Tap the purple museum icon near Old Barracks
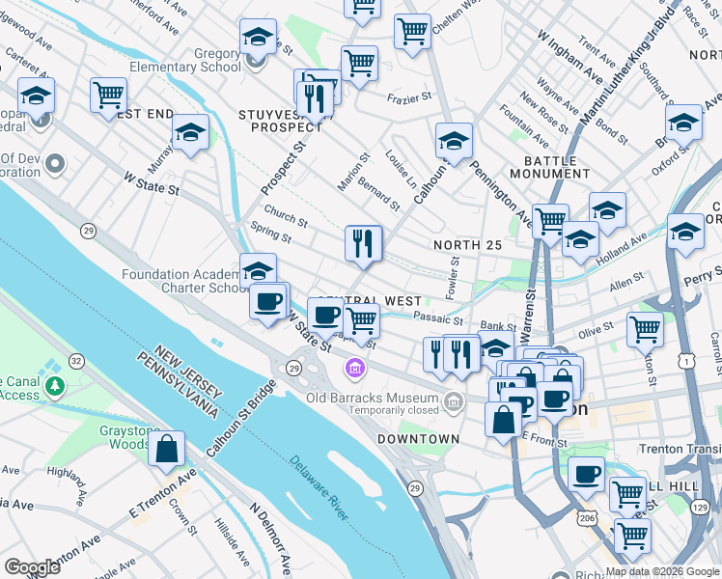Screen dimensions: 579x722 (355, 369)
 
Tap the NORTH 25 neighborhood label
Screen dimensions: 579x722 (467, 245)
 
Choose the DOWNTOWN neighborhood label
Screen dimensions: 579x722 (418, 439)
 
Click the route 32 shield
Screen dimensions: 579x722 (76, 361)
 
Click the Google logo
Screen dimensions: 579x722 (32, 566)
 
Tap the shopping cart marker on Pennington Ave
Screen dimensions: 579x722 (550, 221)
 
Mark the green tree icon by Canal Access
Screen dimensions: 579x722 (55, 387)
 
